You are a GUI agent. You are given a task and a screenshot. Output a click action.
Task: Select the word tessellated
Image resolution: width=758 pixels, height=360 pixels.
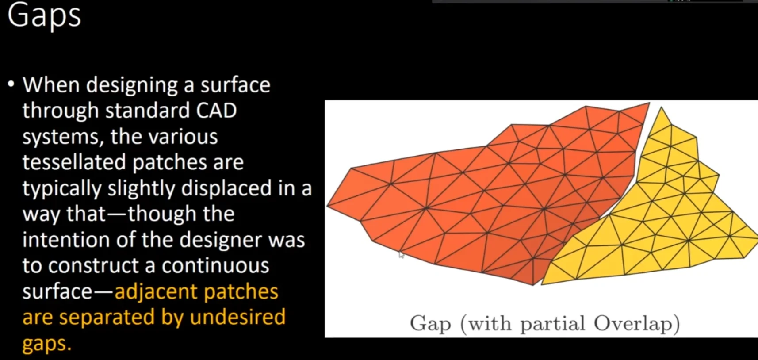74,162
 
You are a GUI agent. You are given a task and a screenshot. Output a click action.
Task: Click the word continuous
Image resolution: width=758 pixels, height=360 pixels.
215,265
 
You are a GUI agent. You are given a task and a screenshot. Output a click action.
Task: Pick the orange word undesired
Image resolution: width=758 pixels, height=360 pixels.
237,317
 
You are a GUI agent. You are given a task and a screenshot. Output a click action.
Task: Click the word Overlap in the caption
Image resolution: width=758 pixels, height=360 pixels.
637,323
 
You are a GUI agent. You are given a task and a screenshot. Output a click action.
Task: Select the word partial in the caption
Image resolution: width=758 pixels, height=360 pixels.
553,323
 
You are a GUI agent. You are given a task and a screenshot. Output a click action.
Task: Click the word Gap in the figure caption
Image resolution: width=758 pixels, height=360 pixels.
430,323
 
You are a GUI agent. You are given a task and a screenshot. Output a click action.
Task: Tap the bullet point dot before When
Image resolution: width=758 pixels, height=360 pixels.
12,84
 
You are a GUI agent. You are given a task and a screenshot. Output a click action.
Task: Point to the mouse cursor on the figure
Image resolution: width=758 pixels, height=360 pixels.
401,255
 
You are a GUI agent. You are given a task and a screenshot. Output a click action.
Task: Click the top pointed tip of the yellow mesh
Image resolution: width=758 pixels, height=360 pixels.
661,107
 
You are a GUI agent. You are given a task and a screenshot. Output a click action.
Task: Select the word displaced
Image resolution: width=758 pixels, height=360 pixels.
226,188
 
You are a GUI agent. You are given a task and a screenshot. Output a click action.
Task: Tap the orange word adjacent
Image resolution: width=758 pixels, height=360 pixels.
156,291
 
